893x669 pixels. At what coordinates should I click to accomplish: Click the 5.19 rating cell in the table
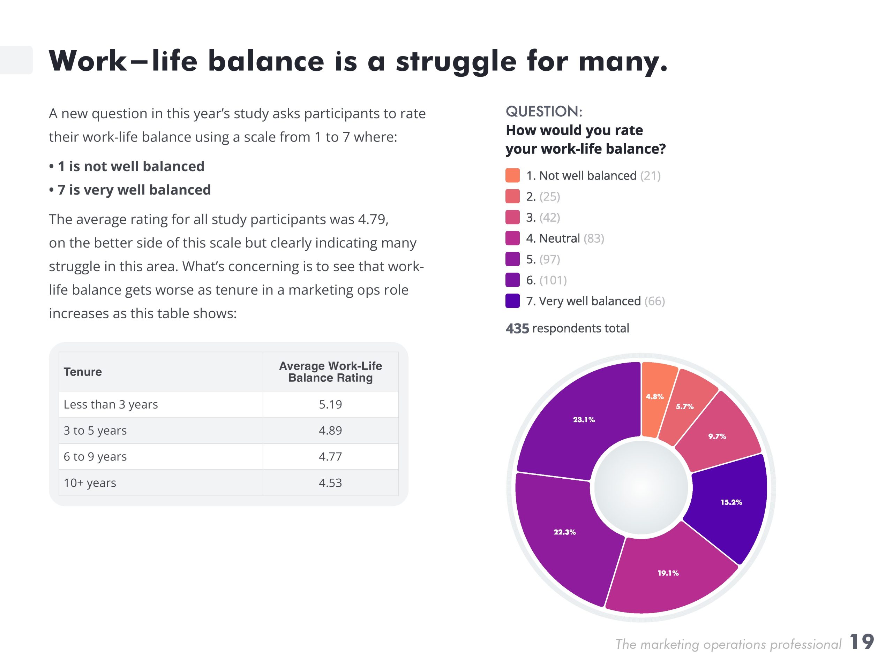click(330, 404)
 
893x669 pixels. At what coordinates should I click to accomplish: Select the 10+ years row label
click(90, 482)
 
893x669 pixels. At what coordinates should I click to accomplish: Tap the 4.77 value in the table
click(330, 456)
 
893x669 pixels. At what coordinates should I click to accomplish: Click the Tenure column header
click(83, 372)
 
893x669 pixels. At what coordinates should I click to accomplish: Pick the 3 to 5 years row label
click(95, 431)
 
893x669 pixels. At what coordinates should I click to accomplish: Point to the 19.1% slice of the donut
click(668, 573)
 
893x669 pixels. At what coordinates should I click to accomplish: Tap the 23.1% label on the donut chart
click(584, 420)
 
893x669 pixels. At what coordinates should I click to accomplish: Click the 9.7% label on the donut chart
click(717, 436)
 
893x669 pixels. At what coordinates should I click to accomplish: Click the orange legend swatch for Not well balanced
click(512, 175)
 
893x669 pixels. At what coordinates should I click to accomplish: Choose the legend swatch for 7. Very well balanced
click(512, 301)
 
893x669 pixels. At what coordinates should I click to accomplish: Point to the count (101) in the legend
click(553, 280)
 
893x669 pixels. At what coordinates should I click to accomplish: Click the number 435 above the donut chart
click(517, 328)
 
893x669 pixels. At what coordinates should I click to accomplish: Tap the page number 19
click(862, 641)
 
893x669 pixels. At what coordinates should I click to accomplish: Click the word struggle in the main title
click(456, 61)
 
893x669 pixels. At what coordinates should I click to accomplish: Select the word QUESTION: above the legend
click(544, 111)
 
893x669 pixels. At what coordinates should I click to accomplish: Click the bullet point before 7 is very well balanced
click(52, 190)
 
